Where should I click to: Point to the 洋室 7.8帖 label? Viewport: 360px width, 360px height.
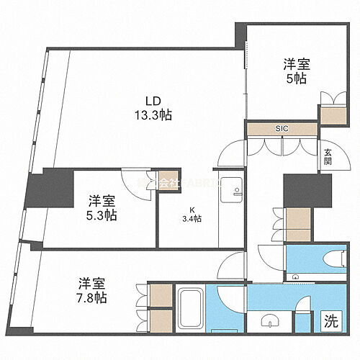[93, 288]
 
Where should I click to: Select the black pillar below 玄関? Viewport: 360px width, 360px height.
[297, 190]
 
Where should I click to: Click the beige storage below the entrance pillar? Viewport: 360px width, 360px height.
[297, 224]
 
